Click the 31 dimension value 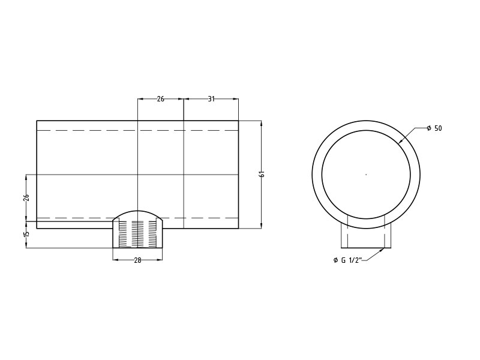click(x=211, y=99)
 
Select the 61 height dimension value click(x=262, y=174)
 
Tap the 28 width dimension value click(x=137, y=260)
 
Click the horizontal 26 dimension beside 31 click(x=160, y=99)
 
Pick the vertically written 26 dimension click(x=26, y=197)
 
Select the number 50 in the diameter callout click(x=438, y=128)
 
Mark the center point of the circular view click(x=366, y=175)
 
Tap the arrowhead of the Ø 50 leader click(x=401, y=143)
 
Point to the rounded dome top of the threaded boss click(x=137, y=214)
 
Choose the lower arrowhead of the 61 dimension click(x=262, y=226)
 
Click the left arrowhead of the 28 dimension click(x=115, y=259)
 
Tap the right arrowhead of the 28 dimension click(x=160, y=259)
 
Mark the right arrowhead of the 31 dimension click(x=236, y=99)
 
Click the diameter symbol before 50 click(x=429, y=128)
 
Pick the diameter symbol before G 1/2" click(x=335, y=260)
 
